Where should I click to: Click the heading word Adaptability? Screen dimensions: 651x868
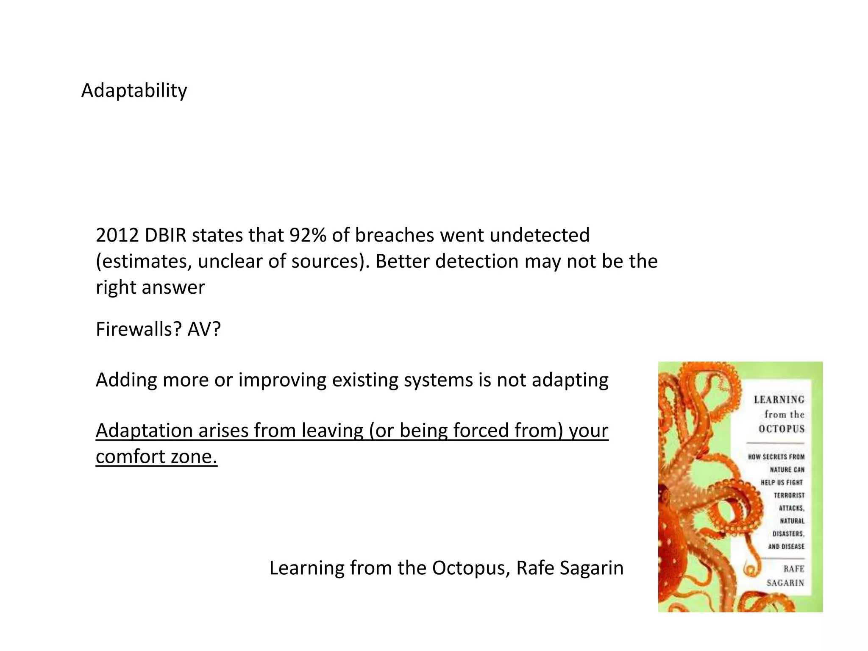tap(134, 90)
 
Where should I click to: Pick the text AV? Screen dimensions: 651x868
tap(204, 329)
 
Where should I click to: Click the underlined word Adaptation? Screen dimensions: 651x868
tap(144, 431)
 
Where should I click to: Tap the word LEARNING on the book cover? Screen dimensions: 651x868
tap(779, 400)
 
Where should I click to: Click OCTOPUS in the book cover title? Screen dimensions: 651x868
tap(782, 429)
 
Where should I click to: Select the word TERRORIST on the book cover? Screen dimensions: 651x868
tap(789, 495)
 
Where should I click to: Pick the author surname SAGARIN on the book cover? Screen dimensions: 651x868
tap(785, 583)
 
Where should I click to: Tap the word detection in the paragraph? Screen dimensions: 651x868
tap(477, 262)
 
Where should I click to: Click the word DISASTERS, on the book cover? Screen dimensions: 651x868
tap(788, 534)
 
